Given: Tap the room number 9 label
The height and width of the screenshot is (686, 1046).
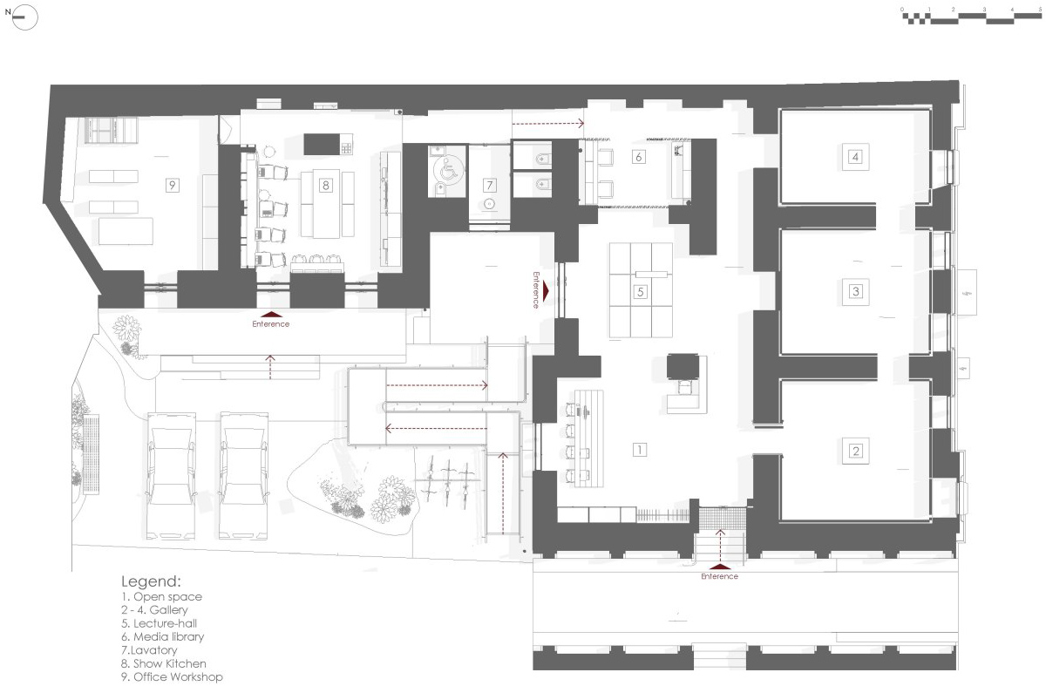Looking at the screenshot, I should click(173, 185).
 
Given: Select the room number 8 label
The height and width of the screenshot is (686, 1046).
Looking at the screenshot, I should click(326, 185).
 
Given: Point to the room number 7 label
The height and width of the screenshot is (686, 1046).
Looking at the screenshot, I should click(490, 185).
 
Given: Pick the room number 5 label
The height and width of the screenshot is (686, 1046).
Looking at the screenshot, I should click(640, 292).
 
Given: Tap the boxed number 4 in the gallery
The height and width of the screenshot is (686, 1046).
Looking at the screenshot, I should click(855, 157).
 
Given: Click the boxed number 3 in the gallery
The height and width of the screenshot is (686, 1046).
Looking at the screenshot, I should click(855, 291).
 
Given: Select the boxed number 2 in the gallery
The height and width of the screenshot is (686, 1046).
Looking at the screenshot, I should click(855, 451).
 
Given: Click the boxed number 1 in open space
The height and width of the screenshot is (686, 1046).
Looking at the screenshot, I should click(639, 450).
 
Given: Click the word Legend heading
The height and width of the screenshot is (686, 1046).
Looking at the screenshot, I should click(151, 581).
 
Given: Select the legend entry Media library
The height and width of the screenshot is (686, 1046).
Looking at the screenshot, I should click(163, 637).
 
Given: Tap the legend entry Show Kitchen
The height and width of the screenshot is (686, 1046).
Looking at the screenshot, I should click(164, 663).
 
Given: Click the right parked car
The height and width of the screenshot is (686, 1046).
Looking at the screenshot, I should click(242, 475).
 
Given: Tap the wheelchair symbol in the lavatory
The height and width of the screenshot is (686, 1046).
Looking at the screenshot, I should click(447, 173).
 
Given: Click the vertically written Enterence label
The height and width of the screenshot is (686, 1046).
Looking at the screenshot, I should click(538, 289).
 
